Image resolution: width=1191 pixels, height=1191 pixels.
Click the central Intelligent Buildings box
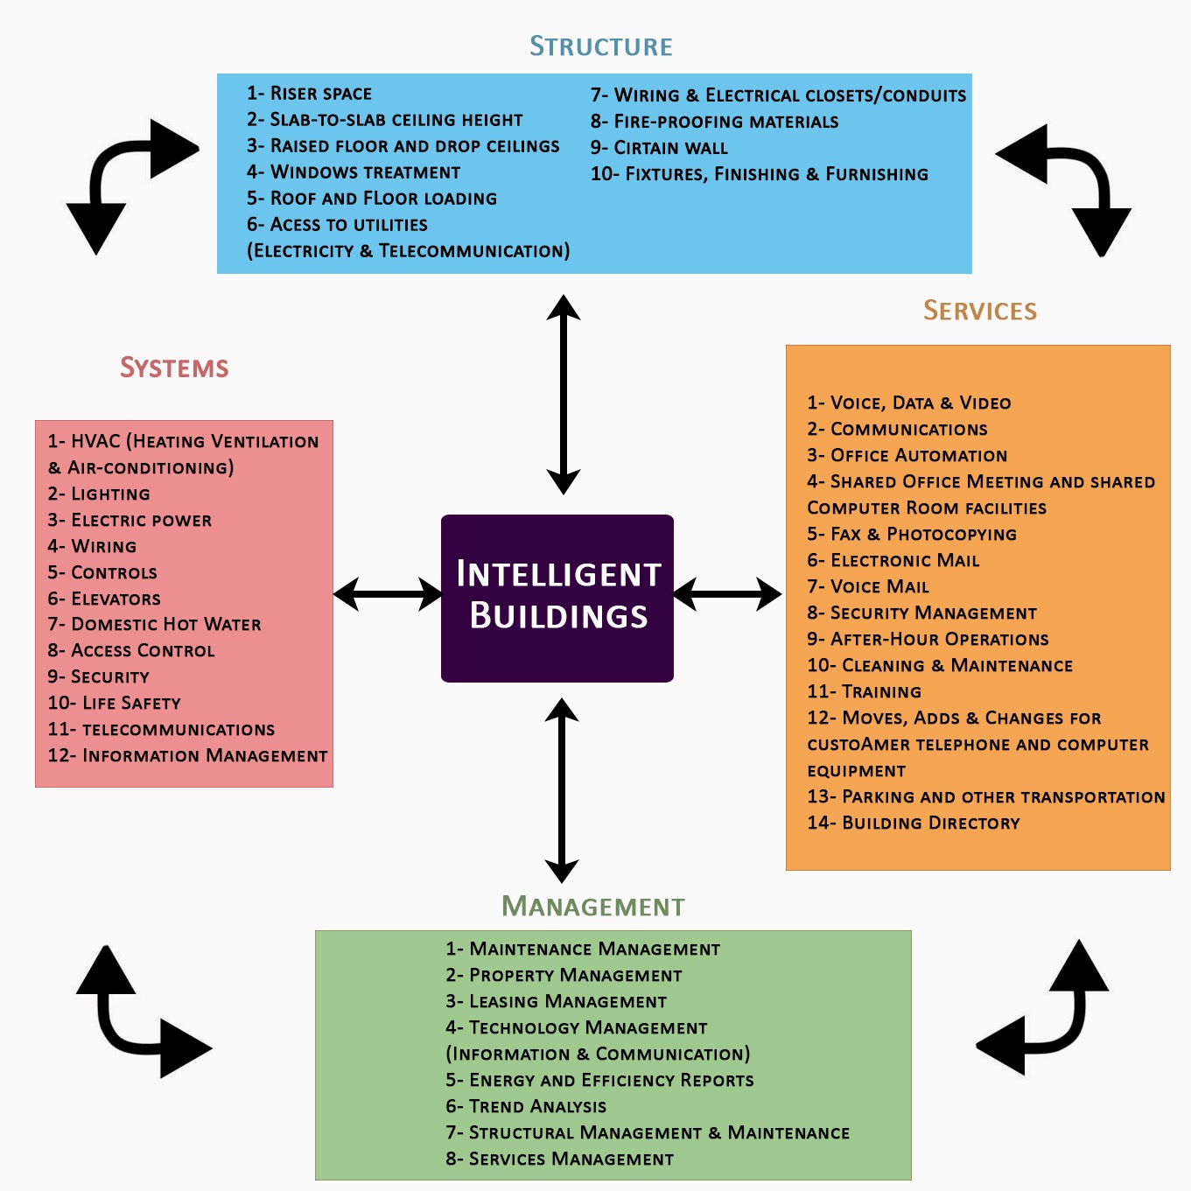(x=557, y=598)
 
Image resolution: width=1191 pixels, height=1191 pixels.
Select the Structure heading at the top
(x=601, y=46)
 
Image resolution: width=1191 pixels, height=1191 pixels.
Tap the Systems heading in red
(x=174, y=368)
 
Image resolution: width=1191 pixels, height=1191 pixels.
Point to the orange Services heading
(x=979, y=311)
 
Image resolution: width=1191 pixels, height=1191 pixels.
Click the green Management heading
(x=593, y=907)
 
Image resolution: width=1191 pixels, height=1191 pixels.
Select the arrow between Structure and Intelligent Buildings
(x=564, y=395)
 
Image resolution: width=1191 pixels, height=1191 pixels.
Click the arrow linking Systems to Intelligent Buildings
(x=388, y=594)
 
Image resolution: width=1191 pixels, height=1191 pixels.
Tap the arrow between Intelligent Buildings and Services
(x=727, y=594)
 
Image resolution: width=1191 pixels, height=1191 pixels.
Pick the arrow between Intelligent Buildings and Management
(x=562, y=790)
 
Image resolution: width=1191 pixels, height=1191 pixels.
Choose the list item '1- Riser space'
(x=309, y=94)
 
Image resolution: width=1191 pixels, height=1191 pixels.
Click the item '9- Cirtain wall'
(x=659, y=148)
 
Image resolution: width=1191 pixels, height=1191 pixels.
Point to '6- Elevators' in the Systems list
(x=104, y=599)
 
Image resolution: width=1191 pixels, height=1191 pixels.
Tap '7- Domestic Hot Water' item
(x=154, y=625)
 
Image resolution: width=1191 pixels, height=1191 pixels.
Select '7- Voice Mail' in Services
(x=868, y=587)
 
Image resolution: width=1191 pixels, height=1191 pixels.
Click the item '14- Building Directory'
(x=914, y=823)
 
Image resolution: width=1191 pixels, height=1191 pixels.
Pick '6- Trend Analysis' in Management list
(x=526, y=1107)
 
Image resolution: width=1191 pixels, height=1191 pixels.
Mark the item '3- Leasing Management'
(x=557, y=1002)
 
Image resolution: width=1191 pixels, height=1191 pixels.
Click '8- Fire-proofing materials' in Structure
(x=714, y=122)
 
